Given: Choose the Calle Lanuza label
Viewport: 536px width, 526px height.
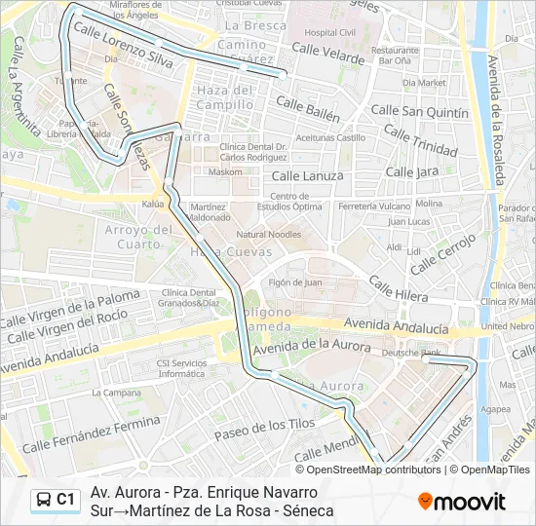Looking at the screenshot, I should (307, 176).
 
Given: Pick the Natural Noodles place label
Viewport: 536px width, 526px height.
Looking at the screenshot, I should (269, 235).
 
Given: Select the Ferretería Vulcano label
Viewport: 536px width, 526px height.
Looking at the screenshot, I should (374, 207).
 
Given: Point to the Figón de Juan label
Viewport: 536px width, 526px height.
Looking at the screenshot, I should (295, 282).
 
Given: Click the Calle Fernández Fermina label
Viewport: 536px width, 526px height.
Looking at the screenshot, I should (91, 435).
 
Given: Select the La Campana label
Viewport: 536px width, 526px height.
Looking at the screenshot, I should (111, 393).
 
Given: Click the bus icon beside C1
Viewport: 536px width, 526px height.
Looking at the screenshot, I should (44, 500).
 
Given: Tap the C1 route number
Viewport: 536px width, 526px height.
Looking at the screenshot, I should (65, 500).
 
